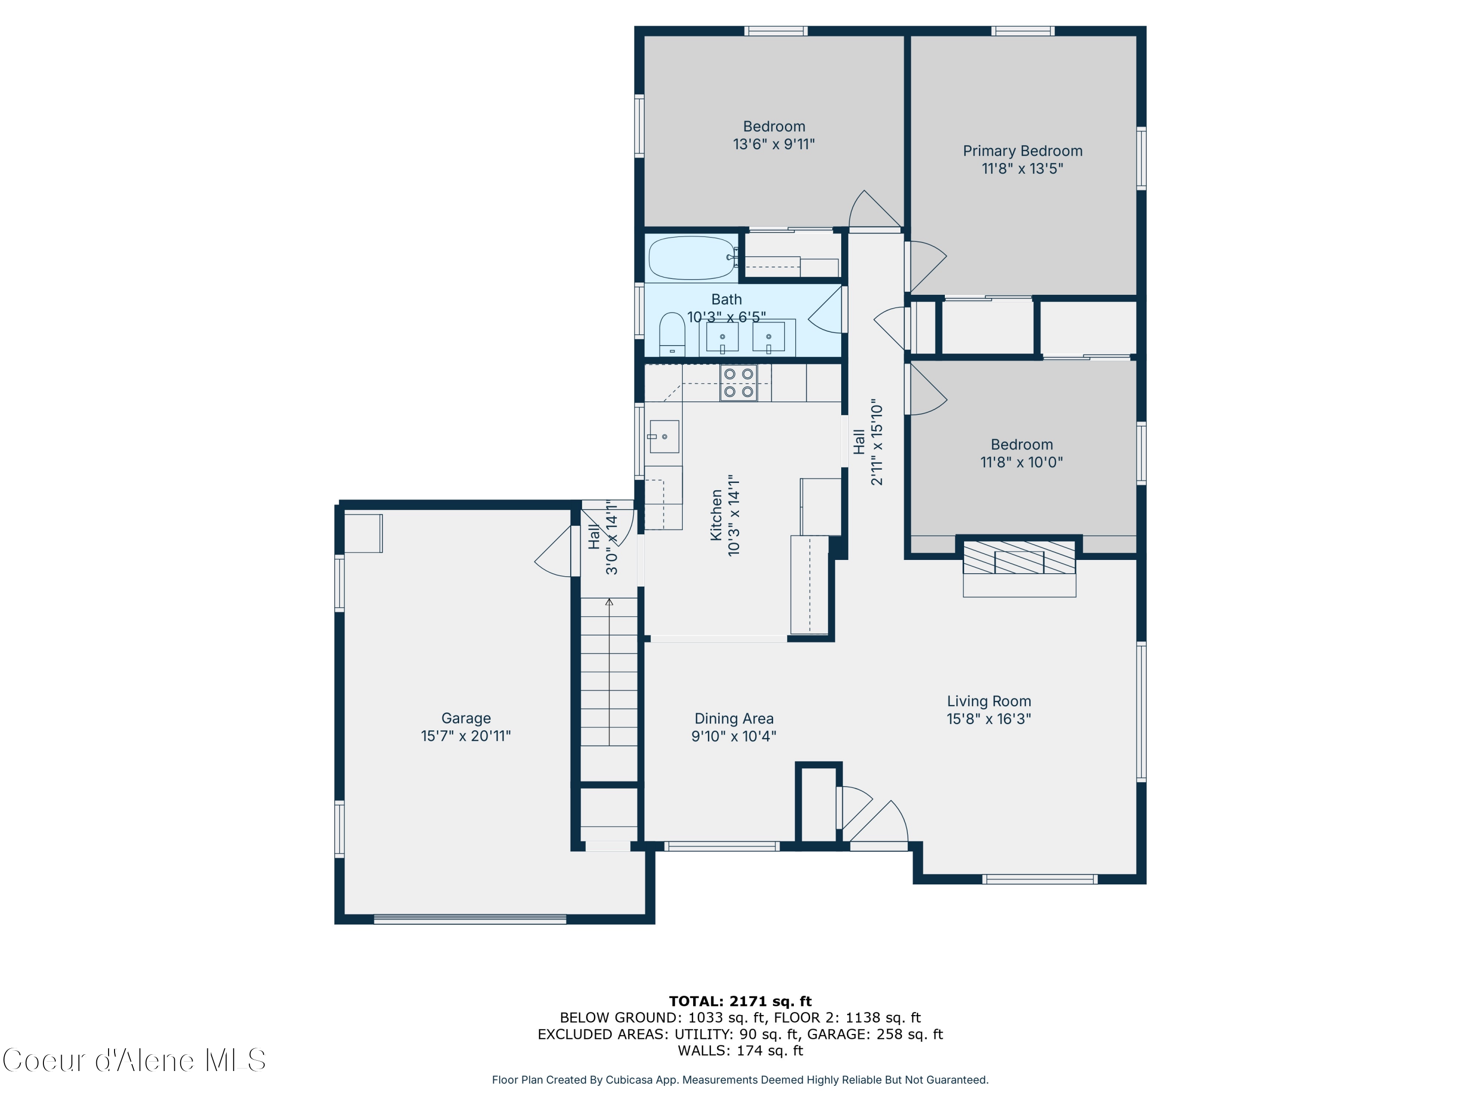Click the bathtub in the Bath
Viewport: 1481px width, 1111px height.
[692, 258]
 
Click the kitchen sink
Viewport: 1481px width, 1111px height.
[663, 436]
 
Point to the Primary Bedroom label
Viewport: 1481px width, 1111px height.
[1022, 152]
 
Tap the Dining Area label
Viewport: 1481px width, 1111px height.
[734, 718]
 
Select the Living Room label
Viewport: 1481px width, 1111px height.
[988, 701]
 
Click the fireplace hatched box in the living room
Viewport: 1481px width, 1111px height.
[1019, 557]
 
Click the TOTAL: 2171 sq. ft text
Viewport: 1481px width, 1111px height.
[740, 1001]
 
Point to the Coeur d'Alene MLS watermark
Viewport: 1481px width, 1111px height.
[134, 1061]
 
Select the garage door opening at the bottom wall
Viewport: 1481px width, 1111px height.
[469, 919]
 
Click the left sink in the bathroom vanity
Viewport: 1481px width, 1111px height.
[722, 337]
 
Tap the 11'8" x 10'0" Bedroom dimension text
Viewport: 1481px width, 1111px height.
[1021, 462]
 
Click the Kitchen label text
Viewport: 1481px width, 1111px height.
[716, 515]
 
